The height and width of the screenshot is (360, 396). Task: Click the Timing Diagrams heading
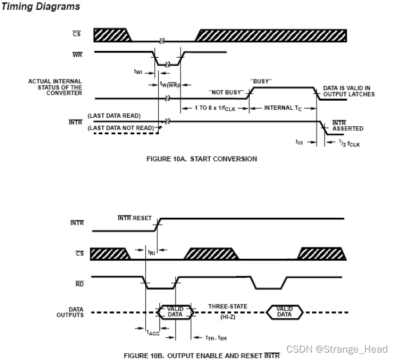pos(41,7)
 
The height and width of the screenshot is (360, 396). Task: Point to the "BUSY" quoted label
pos(261,81)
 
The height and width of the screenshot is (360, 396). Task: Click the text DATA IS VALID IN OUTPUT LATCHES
pos(349,91)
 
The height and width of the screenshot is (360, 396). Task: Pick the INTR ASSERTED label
pos(347,126)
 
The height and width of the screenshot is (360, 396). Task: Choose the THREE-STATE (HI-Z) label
pos(227,310)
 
